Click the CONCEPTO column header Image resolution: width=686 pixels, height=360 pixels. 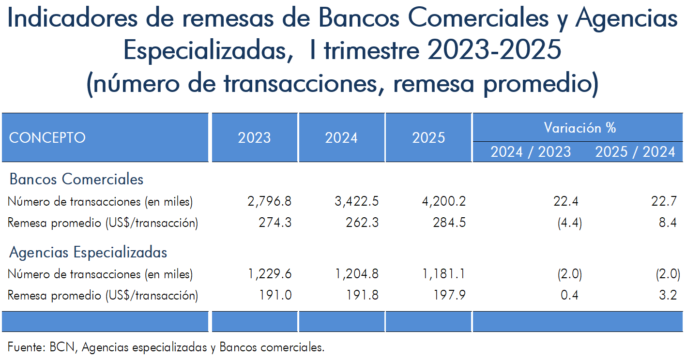[x=47, y=138]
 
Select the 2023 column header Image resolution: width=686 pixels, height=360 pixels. [x=254, y=138]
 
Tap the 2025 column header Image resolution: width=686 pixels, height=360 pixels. [x=428, y=138]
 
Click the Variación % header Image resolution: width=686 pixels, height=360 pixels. [x=579, y=128]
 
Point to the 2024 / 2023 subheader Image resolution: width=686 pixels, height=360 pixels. [x=531, y=152]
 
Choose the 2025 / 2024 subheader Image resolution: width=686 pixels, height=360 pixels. [x=635, y=152]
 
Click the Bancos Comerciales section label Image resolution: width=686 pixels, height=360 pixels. [x=76, y=179]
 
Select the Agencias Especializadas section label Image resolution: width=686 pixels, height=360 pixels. [x=88, y=253]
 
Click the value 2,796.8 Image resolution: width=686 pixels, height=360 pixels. [x=270, y=201]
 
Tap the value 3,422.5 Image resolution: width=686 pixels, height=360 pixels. [x=356, y=201]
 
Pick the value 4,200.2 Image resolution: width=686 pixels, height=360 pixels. [x=444, y=201]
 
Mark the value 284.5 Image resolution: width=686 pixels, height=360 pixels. [x=449, y=223]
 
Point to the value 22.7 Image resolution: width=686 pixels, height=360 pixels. [x=664, y=201]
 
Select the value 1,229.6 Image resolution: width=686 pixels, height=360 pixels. [x=270, y=274]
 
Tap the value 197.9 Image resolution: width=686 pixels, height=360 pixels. [x=449, y=295]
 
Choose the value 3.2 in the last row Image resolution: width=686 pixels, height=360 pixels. [x=668, y=295]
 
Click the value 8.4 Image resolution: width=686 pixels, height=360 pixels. [x=668, y=223]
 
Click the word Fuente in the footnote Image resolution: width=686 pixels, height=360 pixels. [x=27, y=347]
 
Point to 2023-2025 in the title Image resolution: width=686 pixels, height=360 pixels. [x=494, y=50]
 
